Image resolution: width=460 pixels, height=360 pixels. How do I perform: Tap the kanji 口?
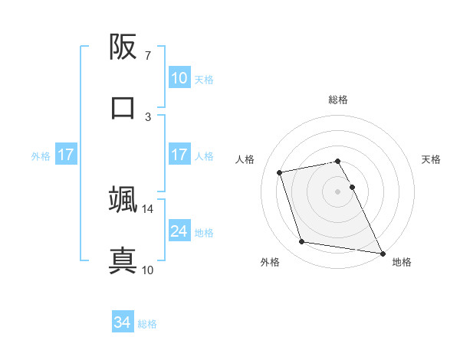click(x=123, y=106)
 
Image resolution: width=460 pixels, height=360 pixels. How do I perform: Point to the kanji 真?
click(x=123, y=258)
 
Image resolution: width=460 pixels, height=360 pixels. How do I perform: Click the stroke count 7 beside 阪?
click(x=148, y=56)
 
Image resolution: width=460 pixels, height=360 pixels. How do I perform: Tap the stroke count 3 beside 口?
click(x=148, y=116)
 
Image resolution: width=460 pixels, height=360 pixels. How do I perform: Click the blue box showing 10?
click(x=179, y=78)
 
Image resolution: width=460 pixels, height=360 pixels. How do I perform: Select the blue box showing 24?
click(x=179, y=231)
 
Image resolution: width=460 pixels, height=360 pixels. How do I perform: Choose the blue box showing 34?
click(x=123, y=323)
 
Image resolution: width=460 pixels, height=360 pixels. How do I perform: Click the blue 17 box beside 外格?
click(x=65, y=155)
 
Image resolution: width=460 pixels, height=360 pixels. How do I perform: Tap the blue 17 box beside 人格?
click(x=179, y=155)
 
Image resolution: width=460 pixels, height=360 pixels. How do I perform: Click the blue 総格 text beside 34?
click(x=147, y=324)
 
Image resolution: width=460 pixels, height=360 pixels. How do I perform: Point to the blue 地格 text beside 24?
click(x=204, y=232)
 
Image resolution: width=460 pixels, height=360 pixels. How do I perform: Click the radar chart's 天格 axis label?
click(x=432, y=159)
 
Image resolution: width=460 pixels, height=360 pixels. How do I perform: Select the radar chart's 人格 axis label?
click(x=246, y=159)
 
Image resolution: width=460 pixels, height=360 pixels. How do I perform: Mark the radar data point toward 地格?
click(x=382, y=252)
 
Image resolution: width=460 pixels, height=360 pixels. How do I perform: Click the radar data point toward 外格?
click(x=302, y=242)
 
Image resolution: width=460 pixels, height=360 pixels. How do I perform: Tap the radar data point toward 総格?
click(x=337, y=161)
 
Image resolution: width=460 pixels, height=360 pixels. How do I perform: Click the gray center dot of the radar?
click(x=337, y=191)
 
